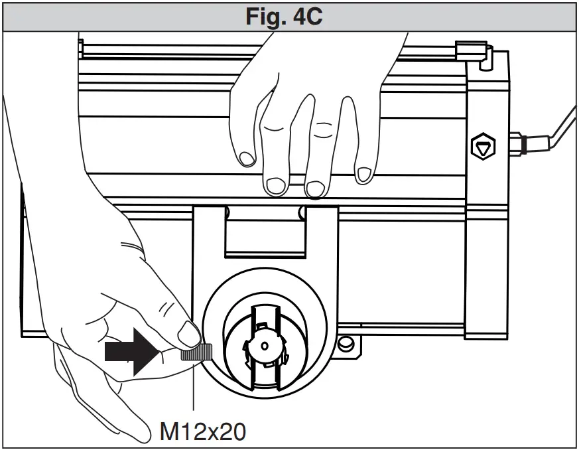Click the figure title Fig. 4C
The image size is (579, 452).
click(289, 16)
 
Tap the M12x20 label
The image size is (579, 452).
click(202, 431)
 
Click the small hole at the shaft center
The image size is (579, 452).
click(264, 346)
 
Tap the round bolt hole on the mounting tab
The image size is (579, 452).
click(344, 344)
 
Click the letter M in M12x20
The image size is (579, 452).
click(168, 431)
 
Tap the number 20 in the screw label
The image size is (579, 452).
click(231, 431)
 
